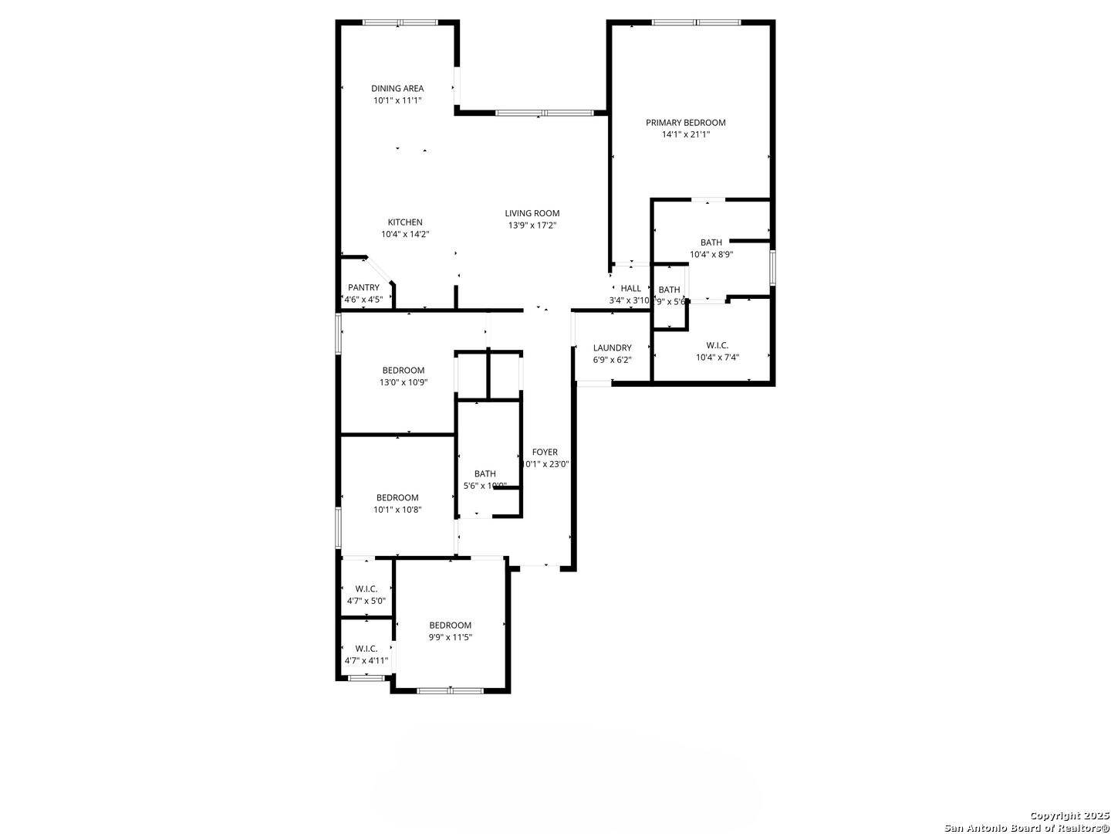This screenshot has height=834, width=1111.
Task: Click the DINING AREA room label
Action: [x=397, y=88]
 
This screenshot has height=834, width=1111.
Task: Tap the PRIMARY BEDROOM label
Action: [x=685, y=122]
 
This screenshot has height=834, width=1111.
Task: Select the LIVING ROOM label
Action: [x=532, y=213]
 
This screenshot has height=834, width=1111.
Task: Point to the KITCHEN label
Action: [x=405, y=222]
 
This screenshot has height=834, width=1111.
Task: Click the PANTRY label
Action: [x=363, y=287]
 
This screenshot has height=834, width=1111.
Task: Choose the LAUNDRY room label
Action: [x=613, y=347]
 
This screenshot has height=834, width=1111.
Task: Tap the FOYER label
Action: [x=545, y=453]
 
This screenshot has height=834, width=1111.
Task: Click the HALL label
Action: [x=631, y=288]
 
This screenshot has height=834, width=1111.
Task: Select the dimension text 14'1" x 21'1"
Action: [x=685, y=134]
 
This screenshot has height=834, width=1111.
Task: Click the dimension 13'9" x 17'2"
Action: [x=532, y=225]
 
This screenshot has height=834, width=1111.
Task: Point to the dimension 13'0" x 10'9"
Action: [x=404, y=382]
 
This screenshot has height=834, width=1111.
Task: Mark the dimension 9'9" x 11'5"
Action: [x=451, y=637]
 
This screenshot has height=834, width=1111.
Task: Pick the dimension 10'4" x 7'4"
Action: [x=718, y=357]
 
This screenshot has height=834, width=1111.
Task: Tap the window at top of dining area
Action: [x=400, y=22]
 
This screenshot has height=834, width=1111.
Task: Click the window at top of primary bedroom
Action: [x=697, y=22]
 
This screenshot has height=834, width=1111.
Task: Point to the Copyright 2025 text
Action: [x=1069, y=815]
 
